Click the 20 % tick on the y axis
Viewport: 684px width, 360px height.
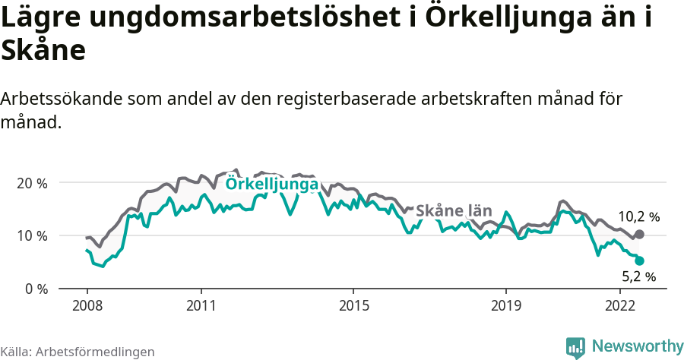(x=32, y=183)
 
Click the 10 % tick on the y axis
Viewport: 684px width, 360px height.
(x=32, y=236)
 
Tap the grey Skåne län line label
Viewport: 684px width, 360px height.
(x=454, y=210)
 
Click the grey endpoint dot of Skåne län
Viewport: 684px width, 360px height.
(x=639, y=235)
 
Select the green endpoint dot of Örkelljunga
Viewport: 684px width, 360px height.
(x=639, y=261)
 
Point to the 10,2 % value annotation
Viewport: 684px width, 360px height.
(x=638, y=216)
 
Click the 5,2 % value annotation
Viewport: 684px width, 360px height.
(x=638, y=277)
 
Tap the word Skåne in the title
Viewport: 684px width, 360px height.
(x=43, y=52)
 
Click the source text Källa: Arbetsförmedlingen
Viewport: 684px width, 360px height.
(x=78, y=352)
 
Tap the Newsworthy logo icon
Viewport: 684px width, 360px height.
(x=575, y=347)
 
